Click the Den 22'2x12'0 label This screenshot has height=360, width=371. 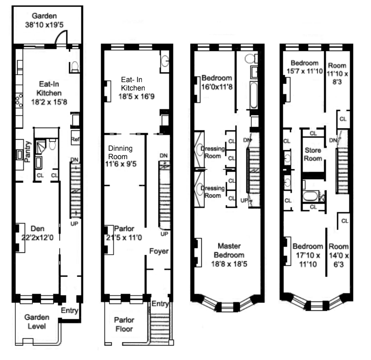37,232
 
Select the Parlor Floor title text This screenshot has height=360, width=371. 124,325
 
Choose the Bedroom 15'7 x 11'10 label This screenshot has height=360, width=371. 305,67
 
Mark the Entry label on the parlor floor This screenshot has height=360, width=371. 160,304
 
